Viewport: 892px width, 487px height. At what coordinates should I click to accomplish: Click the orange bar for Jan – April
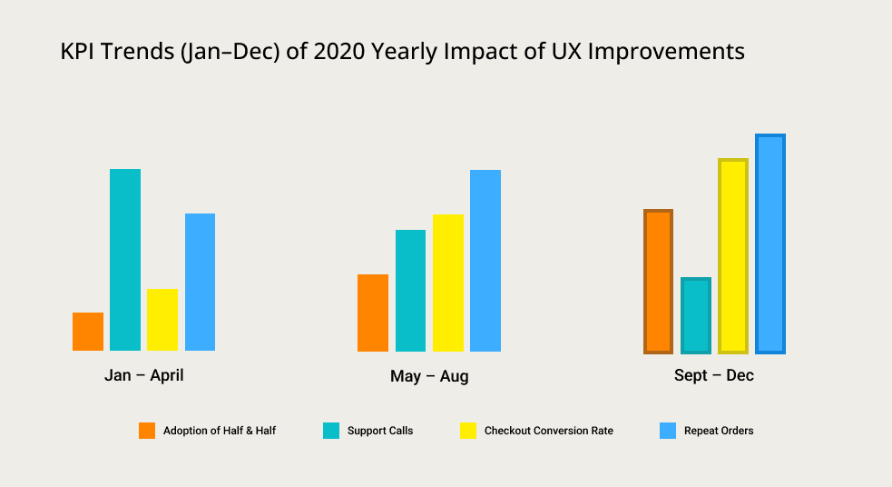click(x=88, y=332)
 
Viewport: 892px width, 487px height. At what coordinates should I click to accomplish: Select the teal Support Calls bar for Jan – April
click(x=125, y=260)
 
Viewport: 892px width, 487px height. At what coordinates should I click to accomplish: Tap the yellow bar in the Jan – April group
click(x=162, y=320)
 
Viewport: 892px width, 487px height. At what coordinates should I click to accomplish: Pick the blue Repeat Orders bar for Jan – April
click(x=200, y=282)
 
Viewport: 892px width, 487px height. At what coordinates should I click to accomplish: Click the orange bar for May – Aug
click(x=373, y=313)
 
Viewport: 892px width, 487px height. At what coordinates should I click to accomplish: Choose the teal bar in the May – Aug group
click(x=410, y=291)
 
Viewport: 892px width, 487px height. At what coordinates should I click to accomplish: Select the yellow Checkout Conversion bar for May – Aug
click(x=448, y=283)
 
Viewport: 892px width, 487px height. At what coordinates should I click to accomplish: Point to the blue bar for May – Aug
click(x=485, y=261)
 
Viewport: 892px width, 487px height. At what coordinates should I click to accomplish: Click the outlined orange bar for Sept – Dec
click(x=658, y=282)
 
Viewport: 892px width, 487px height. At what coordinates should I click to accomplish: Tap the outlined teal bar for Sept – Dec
click(x=696, y=315)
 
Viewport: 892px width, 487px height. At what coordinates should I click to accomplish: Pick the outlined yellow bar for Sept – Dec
click(x=733, y=256)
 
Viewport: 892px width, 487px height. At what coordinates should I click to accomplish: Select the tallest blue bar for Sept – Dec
click(x=770, y=243)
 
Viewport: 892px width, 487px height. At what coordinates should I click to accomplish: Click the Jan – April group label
click(x=143, y=374)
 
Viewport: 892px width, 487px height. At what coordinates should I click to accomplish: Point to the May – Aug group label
click(x=429, y=376)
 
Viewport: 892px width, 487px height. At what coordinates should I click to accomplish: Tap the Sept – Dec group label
click(x=714, y=375)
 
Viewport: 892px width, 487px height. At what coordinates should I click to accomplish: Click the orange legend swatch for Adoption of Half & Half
click(x=147, y=431)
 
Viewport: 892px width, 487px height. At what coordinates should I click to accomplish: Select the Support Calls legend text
click(x=380, y=431)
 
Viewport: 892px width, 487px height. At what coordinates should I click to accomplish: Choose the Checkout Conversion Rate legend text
click(x=549, y=431)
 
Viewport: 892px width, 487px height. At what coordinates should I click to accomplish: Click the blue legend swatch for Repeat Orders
click(x=668, y=431)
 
